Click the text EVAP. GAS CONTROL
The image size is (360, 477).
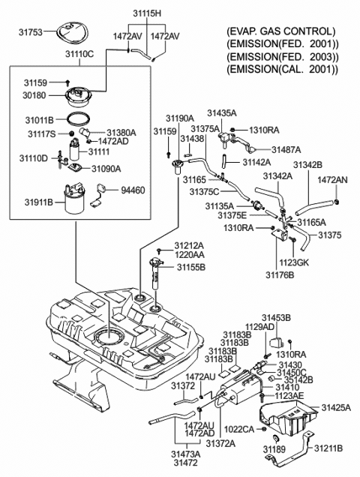tap(280, 31)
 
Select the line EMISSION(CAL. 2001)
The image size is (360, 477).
tap(280, 70)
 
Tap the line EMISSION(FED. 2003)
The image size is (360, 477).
tap(280, 57)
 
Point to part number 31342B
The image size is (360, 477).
tap(307, 163)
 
